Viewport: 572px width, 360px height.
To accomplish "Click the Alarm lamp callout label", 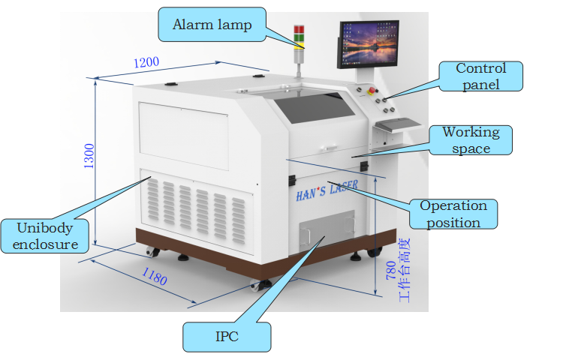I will tap(212, 25).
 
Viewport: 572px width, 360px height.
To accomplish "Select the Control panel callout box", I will tap(480, 76).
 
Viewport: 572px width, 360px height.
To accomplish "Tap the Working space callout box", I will tap(471, 140).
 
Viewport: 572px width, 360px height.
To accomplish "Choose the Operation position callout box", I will tap(453, 213).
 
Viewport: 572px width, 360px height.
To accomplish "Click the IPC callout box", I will tap(226, 337).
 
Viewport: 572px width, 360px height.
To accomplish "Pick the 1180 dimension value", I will tap(154, 277).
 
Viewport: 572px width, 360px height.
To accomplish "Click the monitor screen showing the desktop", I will tap(368, 43).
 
